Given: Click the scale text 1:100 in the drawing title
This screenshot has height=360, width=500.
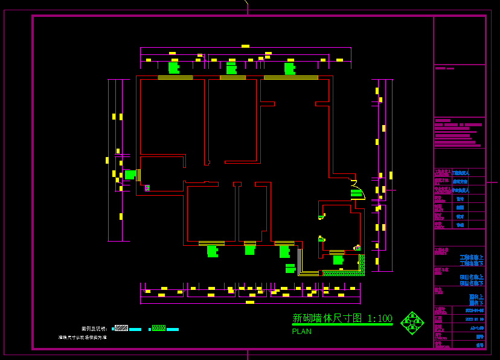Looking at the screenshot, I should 379,318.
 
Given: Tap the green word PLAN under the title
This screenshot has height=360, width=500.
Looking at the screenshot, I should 301,332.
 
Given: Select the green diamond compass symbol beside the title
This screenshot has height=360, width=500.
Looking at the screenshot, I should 412,323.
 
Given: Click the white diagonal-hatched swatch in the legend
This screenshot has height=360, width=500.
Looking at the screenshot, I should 121,328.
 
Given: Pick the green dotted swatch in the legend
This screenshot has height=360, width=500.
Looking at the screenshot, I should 159,328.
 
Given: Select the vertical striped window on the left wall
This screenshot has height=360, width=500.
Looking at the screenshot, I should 139,175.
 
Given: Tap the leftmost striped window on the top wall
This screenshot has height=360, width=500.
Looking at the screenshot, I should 175,77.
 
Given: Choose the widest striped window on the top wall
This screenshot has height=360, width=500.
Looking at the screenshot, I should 290,77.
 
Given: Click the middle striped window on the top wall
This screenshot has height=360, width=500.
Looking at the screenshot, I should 232,77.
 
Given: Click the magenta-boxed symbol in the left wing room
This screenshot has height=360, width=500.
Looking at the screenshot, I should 147,188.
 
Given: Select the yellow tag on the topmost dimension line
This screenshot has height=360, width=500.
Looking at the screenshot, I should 245,46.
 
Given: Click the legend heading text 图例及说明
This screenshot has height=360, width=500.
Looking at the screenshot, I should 94,329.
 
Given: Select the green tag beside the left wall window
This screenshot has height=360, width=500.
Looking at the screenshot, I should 130,175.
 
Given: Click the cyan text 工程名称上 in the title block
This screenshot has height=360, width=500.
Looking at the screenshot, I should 471,257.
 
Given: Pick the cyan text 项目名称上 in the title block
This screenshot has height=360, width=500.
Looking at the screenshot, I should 471,277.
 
